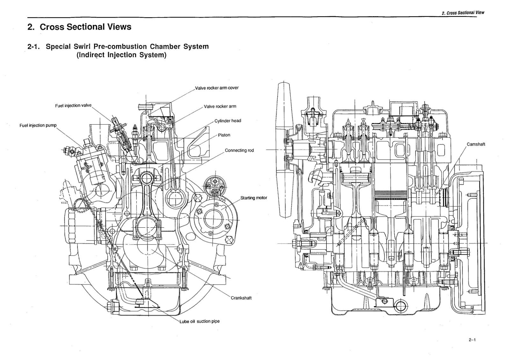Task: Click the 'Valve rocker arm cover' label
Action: pyautogui.click(x=217, y=88)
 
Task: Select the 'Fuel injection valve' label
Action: pyautogui.click(x=73, y=106)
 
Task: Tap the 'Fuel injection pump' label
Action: pyautogui.click(x=38, y=125)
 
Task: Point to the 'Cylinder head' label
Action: pyautogui.click(x=228, y=121)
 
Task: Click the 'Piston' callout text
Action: pyautogui.click(x=224, y=135)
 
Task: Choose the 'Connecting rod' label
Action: pyautogui.click(x=239, y=151)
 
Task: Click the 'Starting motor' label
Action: pyautogui.click(x=253, y=198)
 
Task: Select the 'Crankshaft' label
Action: pyautogui.click(x=241, y=298)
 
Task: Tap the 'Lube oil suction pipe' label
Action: pyautogui.click(x=200, y=321)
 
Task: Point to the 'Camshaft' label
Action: pyautogui.click(x=476, y=144)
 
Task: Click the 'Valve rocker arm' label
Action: pyautogui.click(x=220, y=107)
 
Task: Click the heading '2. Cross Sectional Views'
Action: pyautogui.click(x=79, y=27)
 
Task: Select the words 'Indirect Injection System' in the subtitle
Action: pyautogui.click(x=121, y=55)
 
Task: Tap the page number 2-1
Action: pyautogui.click(x=472, y=340)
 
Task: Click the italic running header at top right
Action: pyautogui.click(x=463, y=13)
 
